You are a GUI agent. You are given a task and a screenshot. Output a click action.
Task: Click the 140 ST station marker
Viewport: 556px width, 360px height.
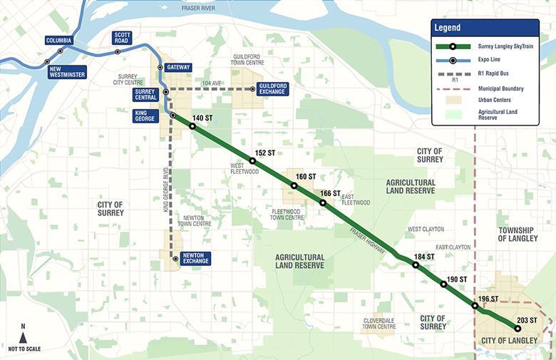pos(192,126)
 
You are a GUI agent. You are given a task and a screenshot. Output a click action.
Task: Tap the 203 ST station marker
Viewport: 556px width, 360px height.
pos(518,328)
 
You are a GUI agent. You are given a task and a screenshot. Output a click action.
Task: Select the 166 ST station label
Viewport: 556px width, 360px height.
pos(331,193)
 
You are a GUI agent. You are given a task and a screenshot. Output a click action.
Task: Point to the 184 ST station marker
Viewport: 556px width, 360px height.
pos(415,265)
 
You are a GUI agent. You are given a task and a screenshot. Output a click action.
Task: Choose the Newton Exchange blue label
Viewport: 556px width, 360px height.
pos(195,257)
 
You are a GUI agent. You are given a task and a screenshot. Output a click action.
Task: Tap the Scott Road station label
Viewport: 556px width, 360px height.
pos(123,38)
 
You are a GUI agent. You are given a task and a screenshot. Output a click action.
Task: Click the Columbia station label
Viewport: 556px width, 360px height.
pos(59,41)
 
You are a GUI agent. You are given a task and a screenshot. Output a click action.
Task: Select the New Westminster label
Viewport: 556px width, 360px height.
pos(67,72)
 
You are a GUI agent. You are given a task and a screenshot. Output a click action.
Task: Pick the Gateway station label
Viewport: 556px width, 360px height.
pos(177,68)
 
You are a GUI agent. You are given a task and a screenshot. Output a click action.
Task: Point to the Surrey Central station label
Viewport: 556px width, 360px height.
pos(145,95)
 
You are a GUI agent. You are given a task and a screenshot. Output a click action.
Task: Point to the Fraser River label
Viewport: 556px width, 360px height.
pos(198,8)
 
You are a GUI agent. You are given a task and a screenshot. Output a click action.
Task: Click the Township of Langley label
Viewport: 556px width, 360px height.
pos(518,234)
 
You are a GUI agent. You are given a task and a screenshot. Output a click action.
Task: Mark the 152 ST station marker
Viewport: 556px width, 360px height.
pos(252,161)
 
